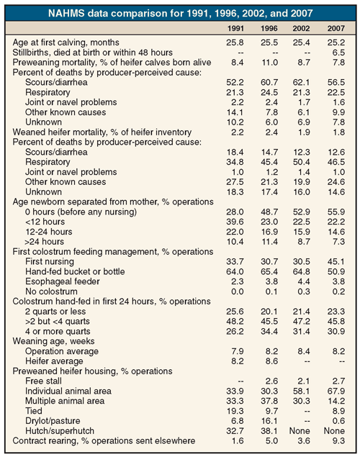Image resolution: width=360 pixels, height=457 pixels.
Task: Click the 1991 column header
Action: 235,28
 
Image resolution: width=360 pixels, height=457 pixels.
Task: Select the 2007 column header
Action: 336,28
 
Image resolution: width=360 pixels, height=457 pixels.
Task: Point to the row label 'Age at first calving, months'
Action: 66,42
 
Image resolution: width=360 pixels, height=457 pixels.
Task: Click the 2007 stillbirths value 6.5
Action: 338,53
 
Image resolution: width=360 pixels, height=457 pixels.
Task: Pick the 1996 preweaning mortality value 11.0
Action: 269,63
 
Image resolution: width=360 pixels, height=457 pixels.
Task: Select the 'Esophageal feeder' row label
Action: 63,281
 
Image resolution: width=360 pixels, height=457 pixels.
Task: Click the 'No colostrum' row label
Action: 51,291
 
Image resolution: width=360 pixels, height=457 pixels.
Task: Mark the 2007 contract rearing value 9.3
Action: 338,440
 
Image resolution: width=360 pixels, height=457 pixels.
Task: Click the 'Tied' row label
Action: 34,411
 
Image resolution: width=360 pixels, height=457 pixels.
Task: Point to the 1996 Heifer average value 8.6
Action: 271,361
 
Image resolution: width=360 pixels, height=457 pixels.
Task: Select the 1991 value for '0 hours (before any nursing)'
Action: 235,212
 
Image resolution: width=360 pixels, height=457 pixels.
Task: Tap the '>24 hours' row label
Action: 45,242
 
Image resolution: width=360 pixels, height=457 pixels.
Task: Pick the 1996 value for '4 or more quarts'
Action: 269,331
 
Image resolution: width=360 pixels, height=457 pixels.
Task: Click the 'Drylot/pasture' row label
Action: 53,421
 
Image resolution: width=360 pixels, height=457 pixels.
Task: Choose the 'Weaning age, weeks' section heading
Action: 53,341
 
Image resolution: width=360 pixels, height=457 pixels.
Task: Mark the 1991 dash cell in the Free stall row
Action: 240,381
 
